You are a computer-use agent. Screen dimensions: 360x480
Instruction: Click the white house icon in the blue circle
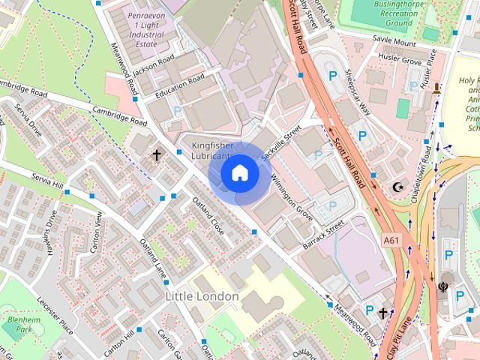(239, 173)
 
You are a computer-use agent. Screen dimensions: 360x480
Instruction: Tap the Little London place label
(201, 296)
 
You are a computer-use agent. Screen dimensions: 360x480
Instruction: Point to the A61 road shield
(391, 240)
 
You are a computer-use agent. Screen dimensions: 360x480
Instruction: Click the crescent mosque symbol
(398, 187)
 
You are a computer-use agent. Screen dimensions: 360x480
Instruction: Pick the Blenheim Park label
(16, 324)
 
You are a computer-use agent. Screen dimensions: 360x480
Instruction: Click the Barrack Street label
(323, 233)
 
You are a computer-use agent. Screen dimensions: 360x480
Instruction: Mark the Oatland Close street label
(208, 215)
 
